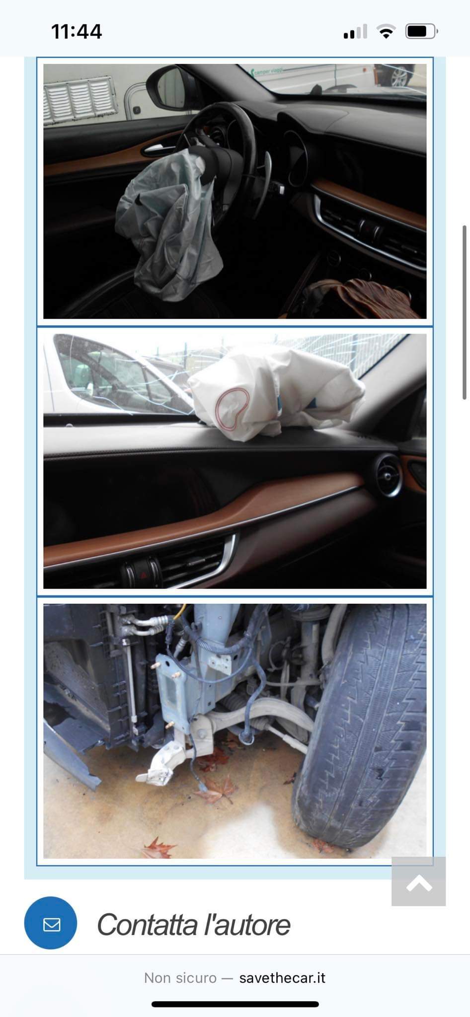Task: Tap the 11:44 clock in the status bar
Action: click(x=77, y=32)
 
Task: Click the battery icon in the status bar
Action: click(x=422, y=32)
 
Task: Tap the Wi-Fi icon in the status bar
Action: click(x=386, y=32)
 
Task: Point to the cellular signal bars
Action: click(x=355, y=32)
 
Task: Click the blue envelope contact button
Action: click(x=51, y=924)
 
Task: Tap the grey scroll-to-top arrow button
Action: click(x=418, y=881)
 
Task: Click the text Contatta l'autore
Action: click(x=193, y=925)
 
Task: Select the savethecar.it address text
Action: click(x=282, y=978)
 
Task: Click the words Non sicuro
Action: click(x=180, y=978)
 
